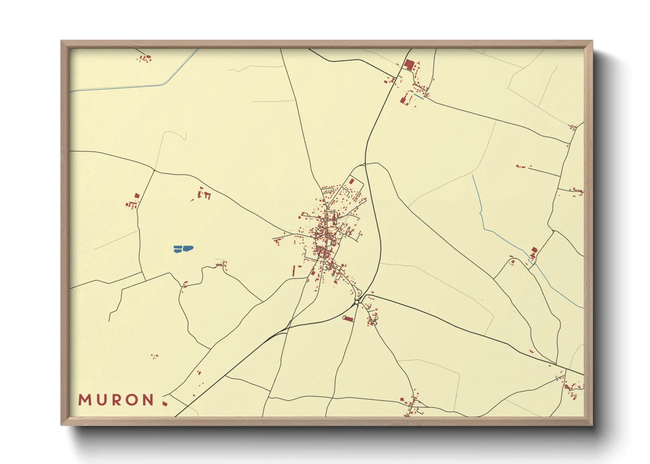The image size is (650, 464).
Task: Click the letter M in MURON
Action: pyautogui.click(x=84, y=400)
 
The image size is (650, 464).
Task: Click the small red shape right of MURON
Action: pyautogui.click(x=165, y=403)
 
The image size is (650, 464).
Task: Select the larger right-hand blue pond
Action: pyautogui.click(x=188, y=248)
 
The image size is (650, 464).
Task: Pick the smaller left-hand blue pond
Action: pyautogui.click(x=177, y=249)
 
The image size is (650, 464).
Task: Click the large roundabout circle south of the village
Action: pyautogui.click(x=357, y=302)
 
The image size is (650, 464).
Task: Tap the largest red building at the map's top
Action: pyautogui.click(x=409, y=65)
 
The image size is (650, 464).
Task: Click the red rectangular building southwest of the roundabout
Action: pyautogui.click(x=348, y=319)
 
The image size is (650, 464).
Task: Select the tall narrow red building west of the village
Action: pyautogui.click(x=294, y=271)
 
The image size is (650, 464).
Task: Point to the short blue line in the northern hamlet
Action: pyautogui.click(x=419, y=96)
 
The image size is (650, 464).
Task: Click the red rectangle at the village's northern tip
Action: pyautogui.click(x=351, y=181)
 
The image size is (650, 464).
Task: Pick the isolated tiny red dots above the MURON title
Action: pyautogui.click(x=154, y=356)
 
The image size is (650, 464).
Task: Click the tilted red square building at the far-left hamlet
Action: pyautogui.click(x=137, y=196)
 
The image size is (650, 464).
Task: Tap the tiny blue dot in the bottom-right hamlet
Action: pyautogui.click(x=557, y=380)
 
